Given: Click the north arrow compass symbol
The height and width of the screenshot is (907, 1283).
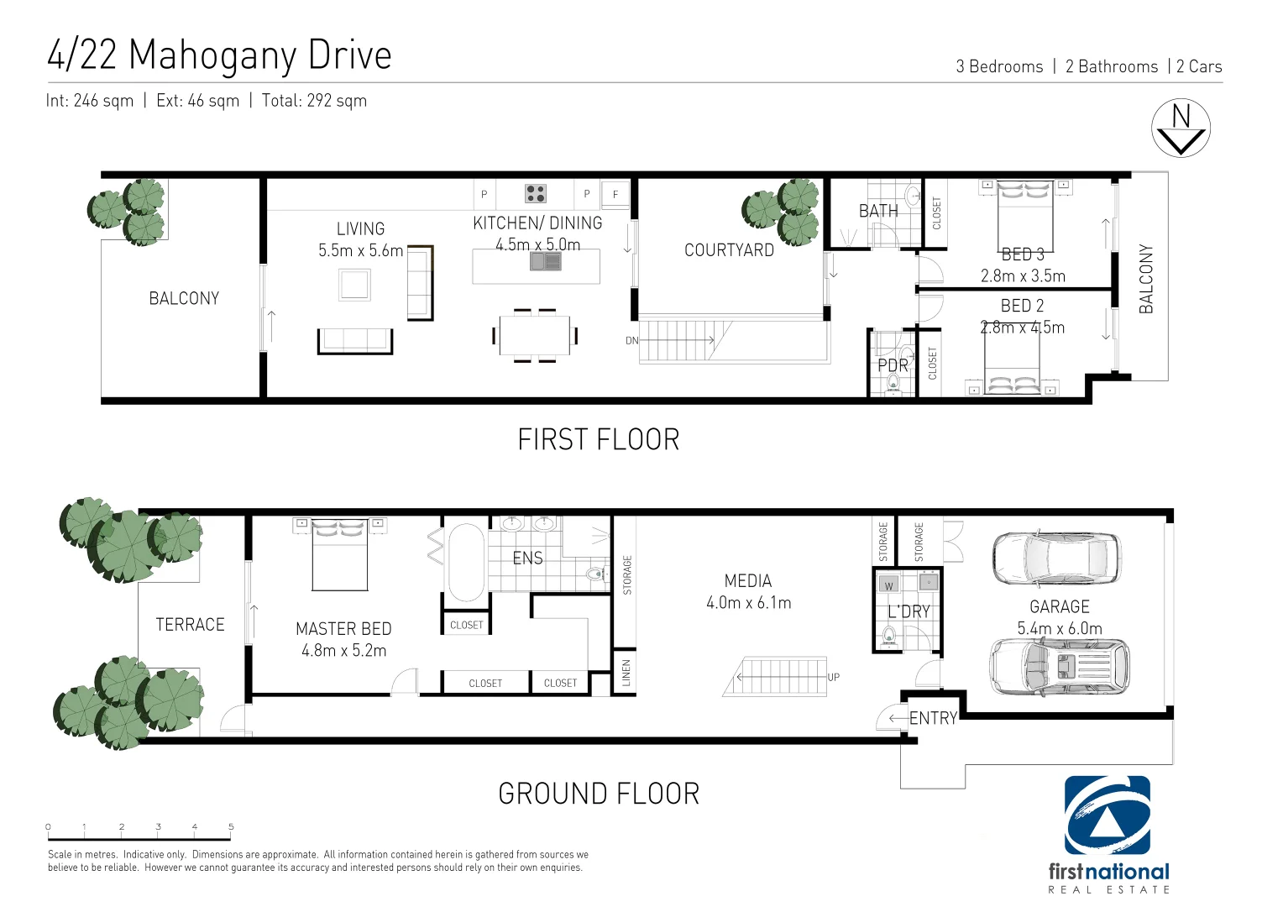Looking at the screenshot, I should (1181, 128).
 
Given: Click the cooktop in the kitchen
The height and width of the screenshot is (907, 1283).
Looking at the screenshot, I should (536, 194).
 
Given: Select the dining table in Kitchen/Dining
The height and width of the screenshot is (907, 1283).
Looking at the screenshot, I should (535, 336).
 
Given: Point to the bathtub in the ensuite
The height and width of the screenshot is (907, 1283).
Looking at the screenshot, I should (466, 562).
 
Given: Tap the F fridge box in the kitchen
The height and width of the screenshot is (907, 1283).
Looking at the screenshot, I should (615, 194).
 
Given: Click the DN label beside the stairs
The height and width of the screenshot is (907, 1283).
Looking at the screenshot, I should (631, 341).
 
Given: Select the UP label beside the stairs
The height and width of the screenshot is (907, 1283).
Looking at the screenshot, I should (833, 677).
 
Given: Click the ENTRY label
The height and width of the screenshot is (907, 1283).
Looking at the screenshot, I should (933, 718).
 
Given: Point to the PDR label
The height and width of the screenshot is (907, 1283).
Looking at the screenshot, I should (893, 365).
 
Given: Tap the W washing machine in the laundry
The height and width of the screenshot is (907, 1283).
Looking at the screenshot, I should (888, 585).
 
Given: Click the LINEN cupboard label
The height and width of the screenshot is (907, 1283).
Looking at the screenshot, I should (626, 673).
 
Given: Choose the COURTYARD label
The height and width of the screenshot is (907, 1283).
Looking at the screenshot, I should (729, 250).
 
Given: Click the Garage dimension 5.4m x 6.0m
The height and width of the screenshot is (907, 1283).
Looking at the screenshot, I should (1059, 628).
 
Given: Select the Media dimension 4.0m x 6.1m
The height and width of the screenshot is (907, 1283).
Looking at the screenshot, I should (748, 602).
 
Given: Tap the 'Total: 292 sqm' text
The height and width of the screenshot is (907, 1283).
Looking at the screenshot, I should (314, 101).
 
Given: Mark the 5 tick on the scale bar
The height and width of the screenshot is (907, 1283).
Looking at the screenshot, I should (231, 827).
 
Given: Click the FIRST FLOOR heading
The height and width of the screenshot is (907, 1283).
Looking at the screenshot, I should (598, 439).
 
